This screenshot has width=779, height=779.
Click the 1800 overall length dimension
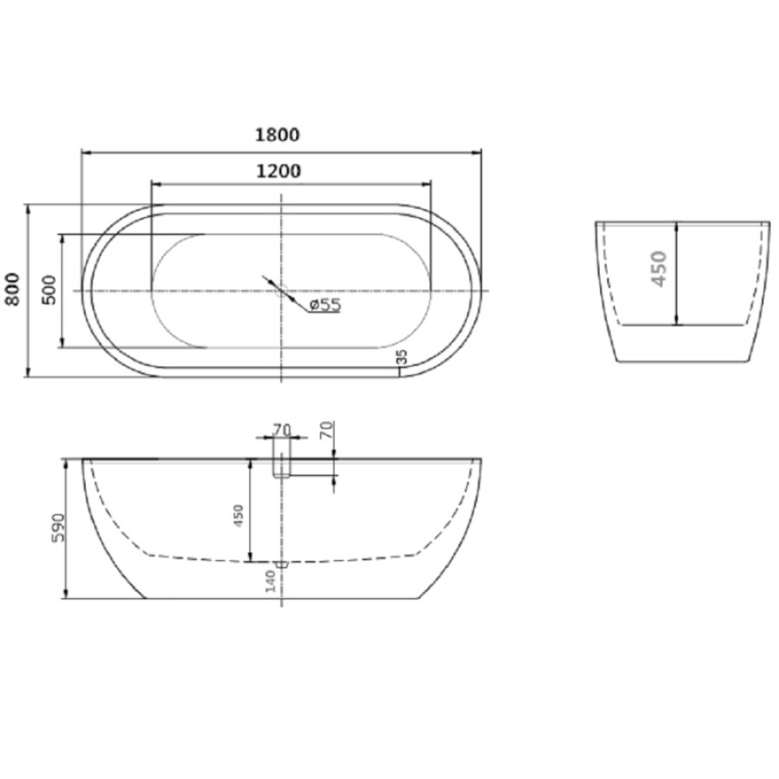pos(277,135)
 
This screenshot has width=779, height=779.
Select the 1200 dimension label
pos(279,171)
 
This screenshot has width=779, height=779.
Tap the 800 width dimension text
pos(12,290)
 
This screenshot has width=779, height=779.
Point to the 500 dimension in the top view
pos(49,290)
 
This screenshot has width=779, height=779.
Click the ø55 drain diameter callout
pos(325,305)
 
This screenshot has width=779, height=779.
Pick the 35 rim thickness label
pos(402,357)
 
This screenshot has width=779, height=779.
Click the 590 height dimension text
pos(59,528)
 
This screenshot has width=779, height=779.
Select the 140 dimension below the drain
pos(270,582)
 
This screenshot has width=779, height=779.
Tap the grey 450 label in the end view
pos(659,269)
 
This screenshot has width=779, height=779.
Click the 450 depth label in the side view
pos(239,516)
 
